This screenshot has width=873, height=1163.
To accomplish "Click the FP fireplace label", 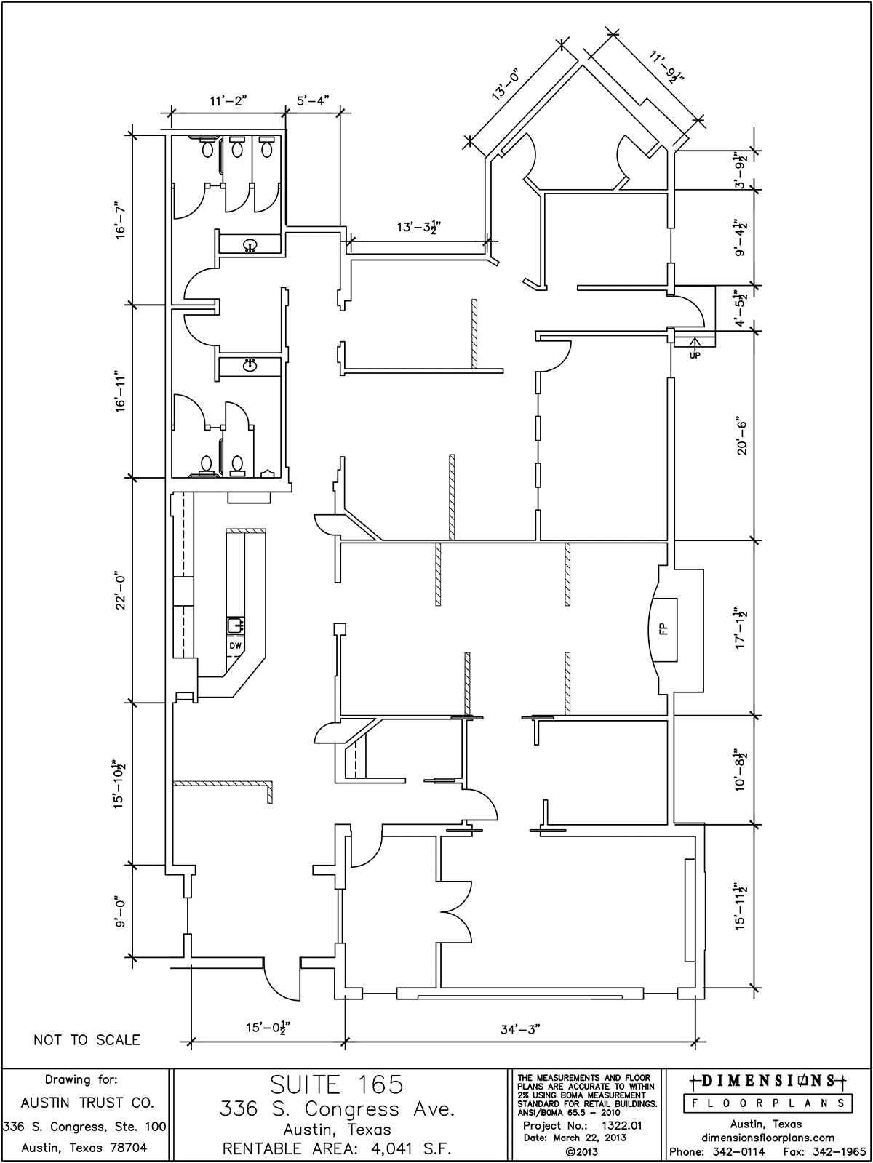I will [663, 629].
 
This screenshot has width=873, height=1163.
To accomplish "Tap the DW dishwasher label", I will [235, 646].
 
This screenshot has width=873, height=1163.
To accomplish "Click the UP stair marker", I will [694, 356].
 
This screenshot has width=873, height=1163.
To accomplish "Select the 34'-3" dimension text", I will [519, 1029].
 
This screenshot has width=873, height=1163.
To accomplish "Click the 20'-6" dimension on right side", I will [741, 437].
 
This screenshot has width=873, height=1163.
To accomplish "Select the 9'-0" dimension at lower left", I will [121, 912].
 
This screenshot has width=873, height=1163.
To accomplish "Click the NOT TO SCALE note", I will [87, 1040].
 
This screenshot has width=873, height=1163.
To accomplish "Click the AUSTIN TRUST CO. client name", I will [86, 1103].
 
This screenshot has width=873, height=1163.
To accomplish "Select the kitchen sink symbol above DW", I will [235, 625].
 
